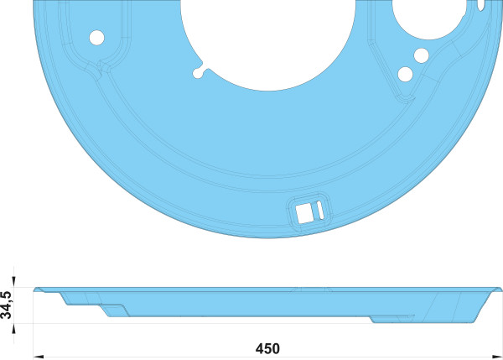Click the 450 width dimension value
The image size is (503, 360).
(x=267, y=348)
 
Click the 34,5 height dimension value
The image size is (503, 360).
(x=7, y=305)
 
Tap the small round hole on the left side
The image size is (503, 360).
(x=96, y=38)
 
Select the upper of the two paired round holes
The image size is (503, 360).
(x=421, y=55)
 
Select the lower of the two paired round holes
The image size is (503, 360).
(x=405, y=74)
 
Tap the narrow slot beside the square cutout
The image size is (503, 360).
(x=320, y=210)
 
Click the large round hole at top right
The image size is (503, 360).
(x=429, y=18)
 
